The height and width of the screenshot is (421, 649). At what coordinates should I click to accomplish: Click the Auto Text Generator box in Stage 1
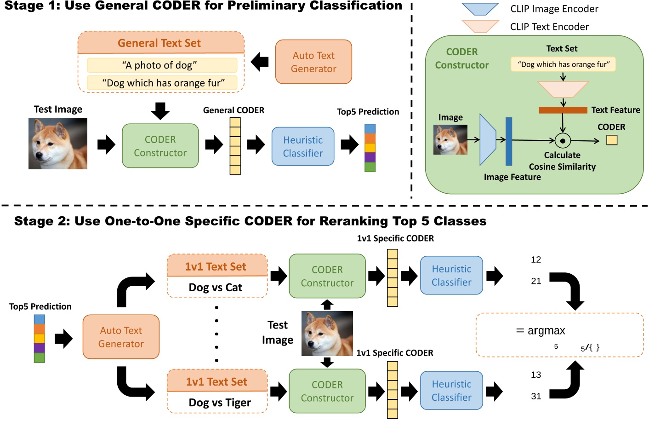point(313,62)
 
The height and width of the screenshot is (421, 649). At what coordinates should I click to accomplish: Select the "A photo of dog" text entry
point(162,65)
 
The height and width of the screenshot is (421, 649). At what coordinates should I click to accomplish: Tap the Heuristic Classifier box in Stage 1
point(303,146)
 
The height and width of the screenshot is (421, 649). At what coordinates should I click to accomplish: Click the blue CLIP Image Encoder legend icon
point(480,9)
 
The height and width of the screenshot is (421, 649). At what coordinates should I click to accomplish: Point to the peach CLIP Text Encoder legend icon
point(480,26)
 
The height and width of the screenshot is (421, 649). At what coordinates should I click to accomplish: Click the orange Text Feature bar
point(563,110)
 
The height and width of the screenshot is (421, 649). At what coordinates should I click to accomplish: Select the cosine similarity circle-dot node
point(563,140)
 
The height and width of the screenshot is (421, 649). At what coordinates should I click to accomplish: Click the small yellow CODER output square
point(611,140)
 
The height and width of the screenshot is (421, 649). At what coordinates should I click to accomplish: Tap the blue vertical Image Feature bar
point(509,141)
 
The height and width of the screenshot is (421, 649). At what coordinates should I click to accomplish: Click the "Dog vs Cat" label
point(215,288)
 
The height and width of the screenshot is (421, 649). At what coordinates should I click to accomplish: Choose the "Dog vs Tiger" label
point(219,403)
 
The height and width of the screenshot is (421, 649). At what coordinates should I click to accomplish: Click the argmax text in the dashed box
point(546,330)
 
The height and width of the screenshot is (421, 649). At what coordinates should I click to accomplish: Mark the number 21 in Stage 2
point(536,281)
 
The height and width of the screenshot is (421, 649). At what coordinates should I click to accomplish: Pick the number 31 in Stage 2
point(536,396)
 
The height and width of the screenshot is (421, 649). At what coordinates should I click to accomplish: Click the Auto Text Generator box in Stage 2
point(121,337)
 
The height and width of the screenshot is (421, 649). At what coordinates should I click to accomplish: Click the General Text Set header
point(159,43)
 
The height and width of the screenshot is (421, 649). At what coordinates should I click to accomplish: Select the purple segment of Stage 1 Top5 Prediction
point(370,157)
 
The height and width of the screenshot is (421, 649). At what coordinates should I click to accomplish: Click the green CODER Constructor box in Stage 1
point(160,146)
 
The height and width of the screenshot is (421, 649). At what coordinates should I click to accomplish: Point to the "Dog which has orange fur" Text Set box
point(563,64)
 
